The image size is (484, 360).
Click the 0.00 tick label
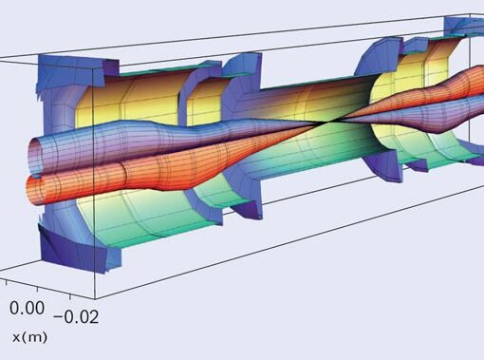pos(27,308)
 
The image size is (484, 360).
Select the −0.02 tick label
pos(76,316)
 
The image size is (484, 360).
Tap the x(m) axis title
pos(30,337)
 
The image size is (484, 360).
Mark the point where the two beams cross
pos(328,122)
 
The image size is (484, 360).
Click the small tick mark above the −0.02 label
pos(70,296)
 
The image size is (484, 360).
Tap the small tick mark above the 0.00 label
pos(38,289)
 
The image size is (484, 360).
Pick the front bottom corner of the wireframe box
pos(95,298)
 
